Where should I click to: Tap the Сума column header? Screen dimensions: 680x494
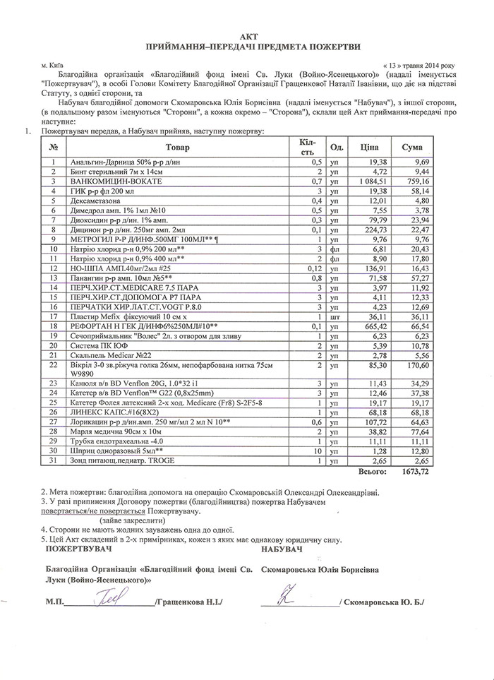coord(412,147)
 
